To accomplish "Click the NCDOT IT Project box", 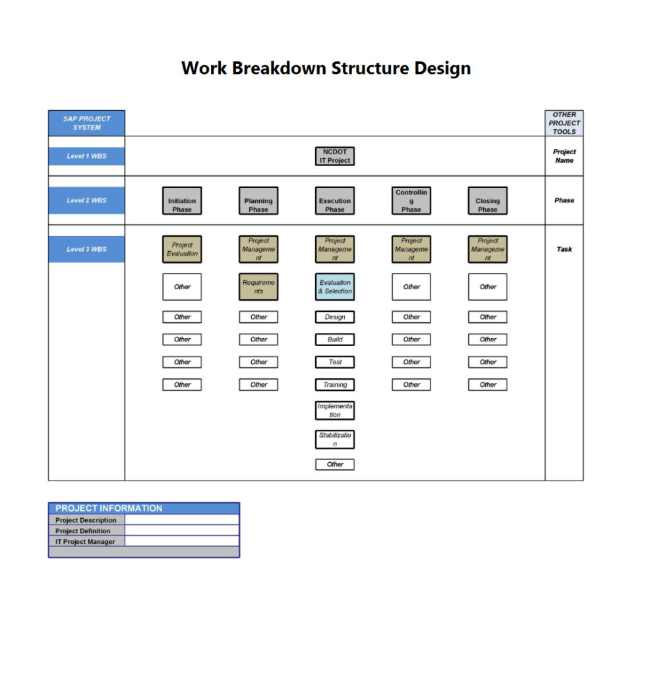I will (x=334, y=156).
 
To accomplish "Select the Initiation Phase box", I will (x=182, y=201).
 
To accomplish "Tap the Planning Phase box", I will (x=258, y=201).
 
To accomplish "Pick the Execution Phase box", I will (x=334, y=201).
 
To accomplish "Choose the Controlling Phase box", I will (x=411, y=201).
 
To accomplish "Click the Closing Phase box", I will (x=488, y=201).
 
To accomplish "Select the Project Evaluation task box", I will (x=182, y=249).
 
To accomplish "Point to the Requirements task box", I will (x=258, y=287).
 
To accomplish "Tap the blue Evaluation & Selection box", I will (x=335, y=287).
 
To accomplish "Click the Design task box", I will (x=335, y=317).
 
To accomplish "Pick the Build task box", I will (x=335, y=339).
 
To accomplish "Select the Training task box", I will (x=335, y=384).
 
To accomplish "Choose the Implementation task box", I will (x=335, y=411).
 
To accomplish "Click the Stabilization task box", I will (x=335, y=440).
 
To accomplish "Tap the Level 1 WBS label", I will (x=86, y=156).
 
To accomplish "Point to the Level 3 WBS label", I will (x=86, y=249).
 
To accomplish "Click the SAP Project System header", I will (x=86, y=123).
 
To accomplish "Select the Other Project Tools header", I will (x=564, y=123).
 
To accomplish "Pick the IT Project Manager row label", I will (x=85, y=542).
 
